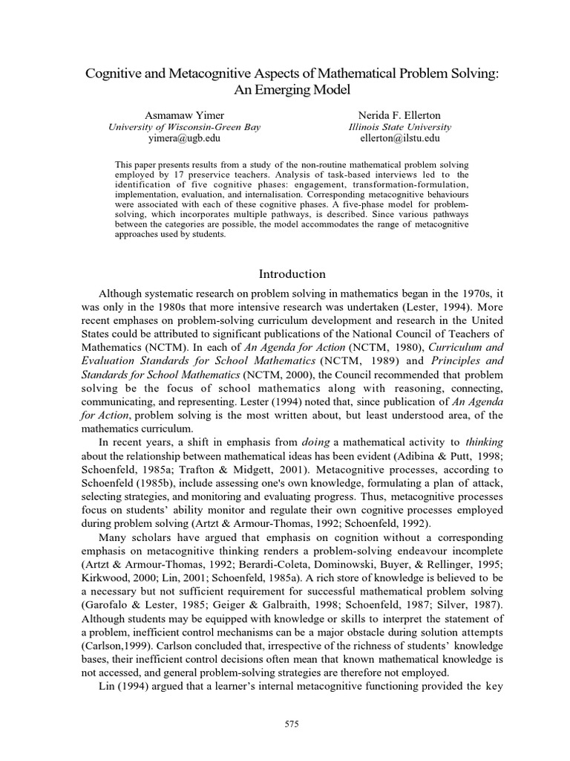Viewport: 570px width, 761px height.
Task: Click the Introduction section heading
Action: click(x=290, y=274)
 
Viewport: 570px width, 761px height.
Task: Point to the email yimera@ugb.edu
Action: click(x=184, y=138)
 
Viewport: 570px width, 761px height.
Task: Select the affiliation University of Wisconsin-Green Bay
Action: click(x=185, y=127)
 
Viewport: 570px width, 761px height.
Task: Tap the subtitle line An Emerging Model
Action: click(x=290, y=90)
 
